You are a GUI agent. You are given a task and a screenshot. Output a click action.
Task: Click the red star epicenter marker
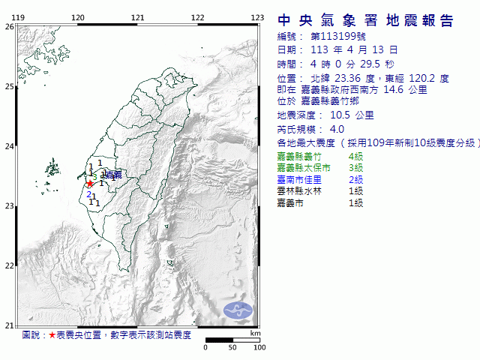[90, 184]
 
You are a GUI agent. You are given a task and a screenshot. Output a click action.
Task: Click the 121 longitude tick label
[137, 17]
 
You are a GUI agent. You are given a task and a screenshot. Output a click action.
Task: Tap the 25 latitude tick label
[9, 86]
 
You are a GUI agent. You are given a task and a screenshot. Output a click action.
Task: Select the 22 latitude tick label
[9, 265]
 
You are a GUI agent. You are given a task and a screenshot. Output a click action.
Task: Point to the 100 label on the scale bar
[259, 348]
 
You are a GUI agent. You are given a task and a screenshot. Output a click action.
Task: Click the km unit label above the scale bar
[255, 332]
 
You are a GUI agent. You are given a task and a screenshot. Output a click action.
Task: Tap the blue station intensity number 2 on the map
[88, 195]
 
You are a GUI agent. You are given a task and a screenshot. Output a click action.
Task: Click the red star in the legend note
[52, 335]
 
